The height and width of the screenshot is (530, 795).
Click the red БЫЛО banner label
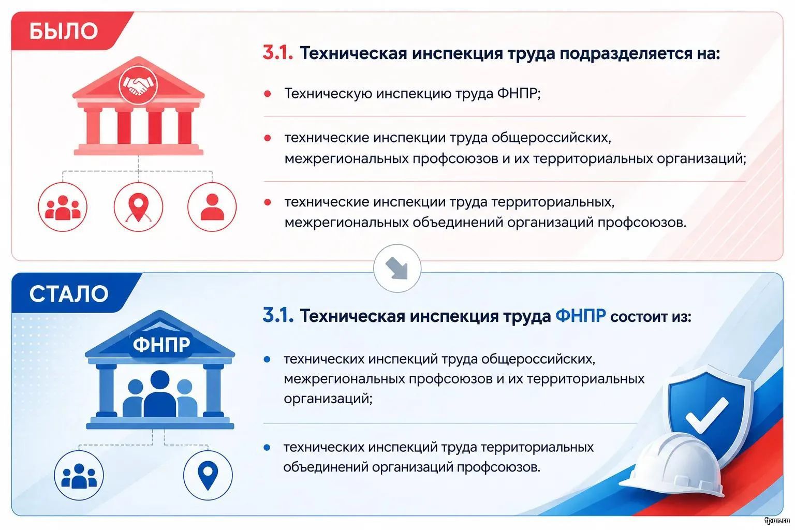pos(64,31)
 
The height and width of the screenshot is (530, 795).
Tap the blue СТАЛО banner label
pos(69,294)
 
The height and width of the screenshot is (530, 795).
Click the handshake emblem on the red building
pos(138,85)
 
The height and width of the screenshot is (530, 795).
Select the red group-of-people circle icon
pos(63,207)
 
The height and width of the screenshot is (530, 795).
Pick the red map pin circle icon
pos(138,207)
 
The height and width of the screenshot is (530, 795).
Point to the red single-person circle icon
pos(212,207)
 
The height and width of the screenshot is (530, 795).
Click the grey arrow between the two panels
pos(397,268)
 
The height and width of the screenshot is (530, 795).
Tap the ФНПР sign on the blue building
pos(161,344)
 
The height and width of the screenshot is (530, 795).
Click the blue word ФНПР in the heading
pos(580,315)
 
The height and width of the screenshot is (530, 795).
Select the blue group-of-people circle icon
pos(79,475)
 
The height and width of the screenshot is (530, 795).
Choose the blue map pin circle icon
pos(208,475)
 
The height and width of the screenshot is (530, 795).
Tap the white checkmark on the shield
pos(707,415)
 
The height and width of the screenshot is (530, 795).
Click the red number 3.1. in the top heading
pos(278,53)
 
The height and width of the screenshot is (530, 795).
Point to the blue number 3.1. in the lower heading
pos(278,315)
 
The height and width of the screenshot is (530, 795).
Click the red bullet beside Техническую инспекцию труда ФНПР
pos(268,94)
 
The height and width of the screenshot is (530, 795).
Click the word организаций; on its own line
pos(328,399)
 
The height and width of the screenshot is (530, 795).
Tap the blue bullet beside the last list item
pos(267,448)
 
